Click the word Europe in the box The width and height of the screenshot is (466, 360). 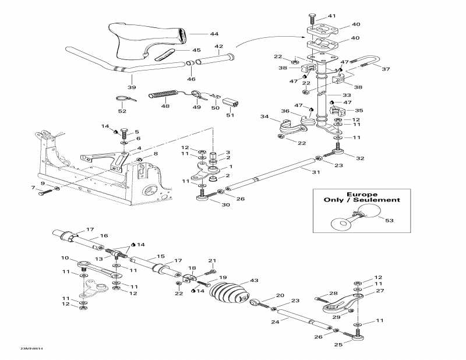[x=362, y=194]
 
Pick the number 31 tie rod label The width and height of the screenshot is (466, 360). [x=316, y=172]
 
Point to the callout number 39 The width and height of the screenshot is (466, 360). [x=132, y=87]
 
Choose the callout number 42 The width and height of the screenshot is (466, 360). [x=219, y=46]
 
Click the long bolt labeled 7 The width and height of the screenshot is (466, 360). [x=47, y=192]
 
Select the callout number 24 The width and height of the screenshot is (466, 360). [x=276, y=321]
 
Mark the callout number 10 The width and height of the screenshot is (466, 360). [x=65, y=258]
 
